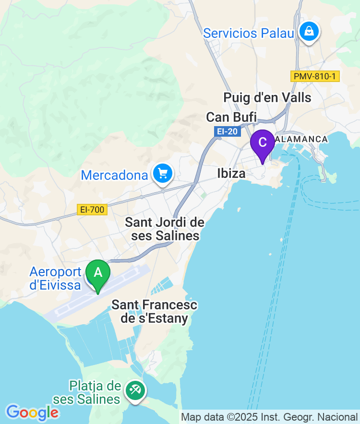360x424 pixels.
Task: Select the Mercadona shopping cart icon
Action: coord(163,174)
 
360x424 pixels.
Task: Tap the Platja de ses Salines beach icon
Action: coord(135,390)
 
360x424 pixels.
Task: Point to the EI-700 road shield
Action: coord(92,210)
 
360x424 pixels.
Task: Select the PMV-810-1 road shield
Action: coord(315,76)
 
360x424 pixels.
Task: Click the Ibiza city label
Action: coord(231,173)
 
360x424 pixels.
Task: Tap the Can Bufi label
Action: coord(231,117)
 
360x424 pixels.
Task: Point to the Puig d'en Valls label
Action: coord(267,98)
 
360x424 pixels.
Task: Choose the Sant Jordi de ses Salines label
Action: coord(165,229)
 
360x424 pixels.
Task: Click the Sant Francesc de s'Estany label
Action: coord(154,312)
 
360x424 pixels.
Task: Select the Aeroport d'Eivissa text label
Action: coord(55,278)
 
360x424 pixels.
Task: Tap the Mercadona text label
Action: coord(114,175)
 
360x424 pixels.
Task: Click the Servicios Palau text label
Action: coord(248,33)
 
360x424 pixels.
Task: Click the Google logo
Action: coord(32,412)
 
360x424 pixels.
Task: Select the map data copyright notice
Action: coord(269,417)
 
